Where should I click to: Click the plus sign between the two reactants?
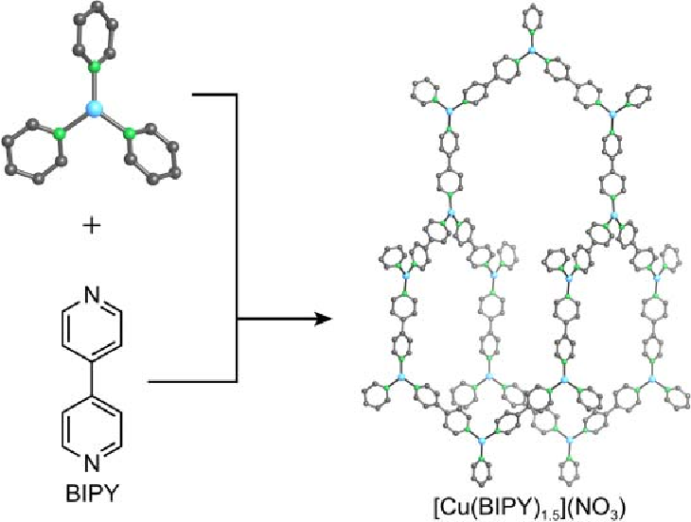[x=92, y=226]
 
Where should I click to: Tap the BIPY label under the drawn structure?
[x=92, y=495]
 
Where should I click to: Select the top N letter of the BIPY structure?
[x=91, y=296]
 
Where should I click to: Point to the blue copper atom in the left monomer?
[x=93, y=109]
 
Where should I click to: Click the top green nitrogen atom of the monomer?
[x=94, y=68]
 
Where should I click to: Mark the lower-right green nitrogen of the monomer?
[x=129, y=133]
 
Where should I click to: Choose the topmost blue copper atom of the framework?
[x=531, y=51]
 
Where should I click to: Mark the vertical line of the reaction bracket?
[x=237, y=237]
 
